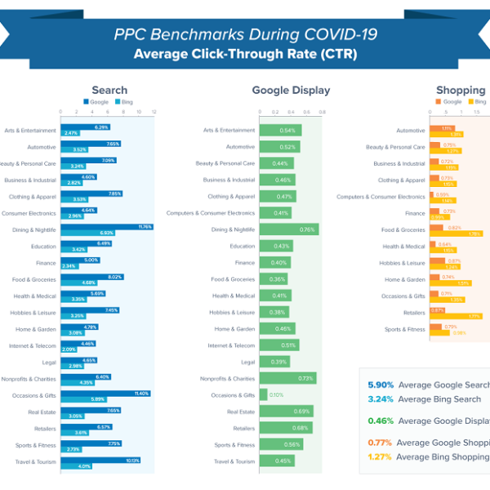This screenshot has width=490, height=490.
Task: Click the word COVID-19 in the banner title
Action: [x=336, y=35]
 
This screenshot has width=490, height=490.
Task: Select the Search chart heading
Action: [x=109, y=91]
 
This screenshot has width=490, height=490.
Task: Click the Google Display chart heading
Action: [x=291, y=91]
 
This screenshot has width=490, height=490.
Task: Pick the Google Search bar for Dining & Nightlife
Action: [x=105, y=226]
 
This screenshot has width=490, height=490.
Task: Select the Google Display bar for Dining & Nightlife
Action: [x=288, y=229]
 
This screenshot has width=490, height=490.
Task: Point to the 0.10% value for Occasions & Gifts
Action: [x=277, y=395]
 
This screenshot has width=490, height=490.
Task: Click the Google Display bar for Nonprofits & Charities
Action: [x=287, y=378]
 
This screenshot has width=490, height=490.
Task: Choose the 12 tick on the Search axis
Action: [x=154, y=112]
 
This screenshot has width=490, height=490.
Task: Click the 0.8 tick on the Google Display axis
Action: [x=322, y=112]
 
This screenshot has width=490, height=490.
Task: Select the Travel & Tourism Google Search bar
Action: [x=100, y=460]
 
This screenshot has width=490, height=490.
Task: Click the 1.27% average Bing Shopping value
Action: [x=380, y=457]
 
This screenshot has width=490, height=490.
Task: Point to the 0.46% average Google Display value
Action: [x=380, y=421]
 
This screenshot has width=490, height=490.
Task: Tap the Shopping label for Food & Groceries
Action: [x=403, y=229]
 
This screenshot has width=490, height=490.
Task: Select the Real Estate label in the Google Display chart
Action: [x=241, y=412]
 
